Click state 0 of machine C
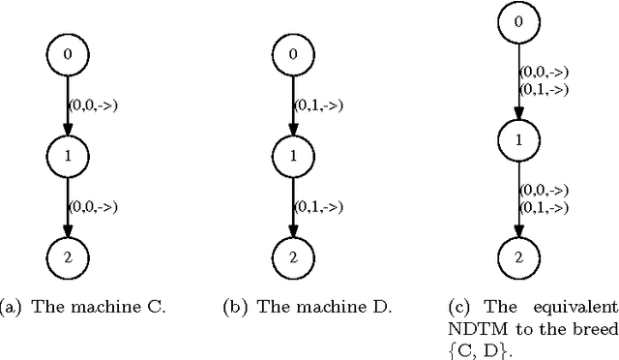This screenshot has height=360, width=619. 67,54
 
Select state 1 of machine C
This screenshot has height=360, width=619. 67,154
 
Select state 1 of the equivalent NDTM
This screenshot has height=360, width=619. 518,140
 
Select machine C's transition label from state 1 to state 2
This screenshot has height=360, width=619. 93,205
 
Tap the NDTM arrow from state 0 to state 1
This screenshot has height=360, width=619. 518,82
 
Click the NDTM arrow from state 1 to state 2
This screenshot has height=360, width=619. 518,198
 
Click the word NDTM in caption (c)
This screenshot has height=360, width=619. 469,328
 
